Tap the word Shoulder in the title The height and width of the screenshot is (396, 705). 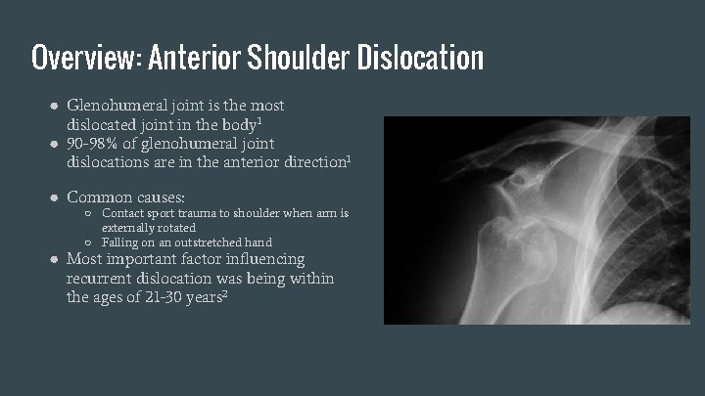pos(299,59)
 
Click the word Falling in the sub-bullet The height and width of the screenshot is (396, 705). pos(121,242)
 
